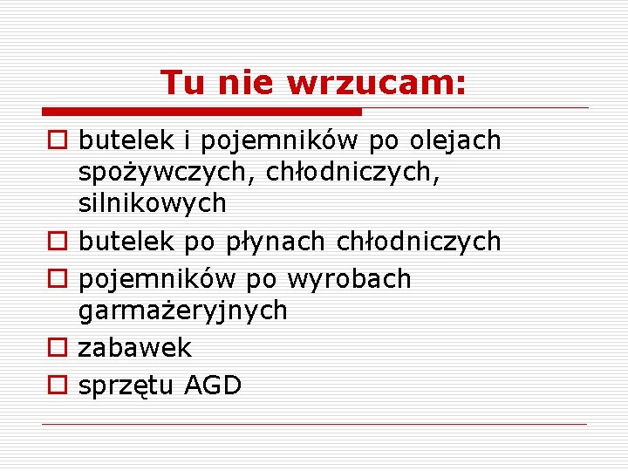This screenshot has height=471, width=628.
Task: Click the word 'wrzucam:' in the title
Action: click(376, 83)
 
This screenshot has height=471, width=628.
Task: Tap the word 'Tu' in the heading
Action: click(181, 83)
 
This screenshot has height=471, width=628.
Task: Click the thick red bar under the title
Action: click(201, 112)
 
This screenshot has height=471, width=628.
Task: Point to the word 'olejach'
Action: click(457, 140)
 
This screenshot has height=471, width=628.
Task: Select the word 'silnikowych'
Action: click(153, 204)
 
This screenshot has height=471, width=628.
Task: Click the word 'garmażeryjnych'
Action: click(182, 311)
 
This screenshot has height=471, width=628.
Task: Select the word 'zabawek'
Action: click(134, 348)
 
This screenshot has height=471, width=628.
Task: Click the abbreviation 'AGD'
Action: click(214, 386)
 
